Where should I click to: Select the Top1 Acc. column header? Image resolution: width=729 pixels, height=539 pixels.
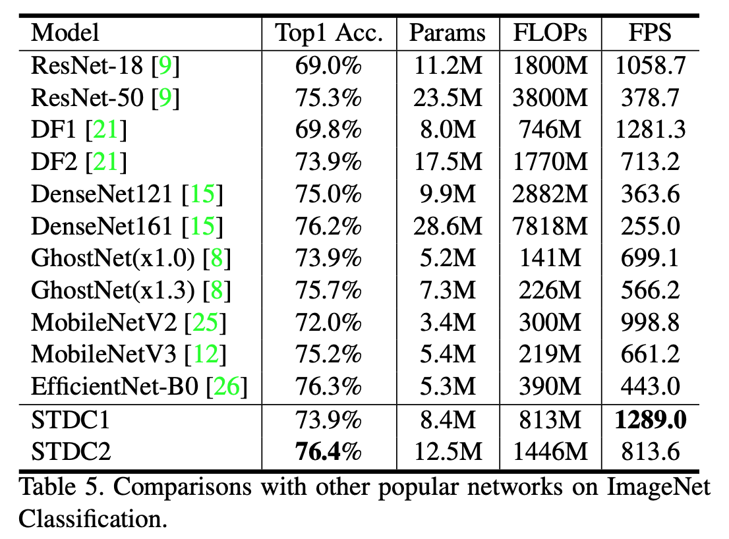click(329, 33)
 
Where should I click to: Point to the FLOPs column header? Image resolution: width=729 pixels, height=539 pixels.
click(550, 33)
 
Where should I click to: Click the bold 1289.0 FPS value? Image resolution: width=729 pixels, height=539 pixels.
click(651, 419)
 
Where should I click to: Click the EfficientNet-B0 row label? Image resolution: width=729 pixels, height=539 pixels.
click(114, 387)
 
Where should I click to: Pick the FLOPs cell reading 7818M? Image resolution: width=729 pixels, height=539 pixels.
click(550, 226)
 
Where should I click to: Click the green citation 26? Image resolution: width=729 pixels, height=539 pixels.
click(227, 387)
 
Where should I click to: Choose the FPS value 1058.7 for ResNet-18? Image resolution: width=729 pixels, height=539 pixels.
click(651, 65)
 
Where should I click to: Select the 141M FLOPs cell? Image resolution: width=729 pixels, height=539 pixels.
click(550, 258)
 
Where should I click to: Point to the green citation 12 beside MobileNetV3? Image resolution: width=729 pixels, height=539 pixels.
click(205, 355)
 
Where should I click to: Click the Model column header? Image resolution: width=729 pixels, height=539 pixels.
click(65, 33)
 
